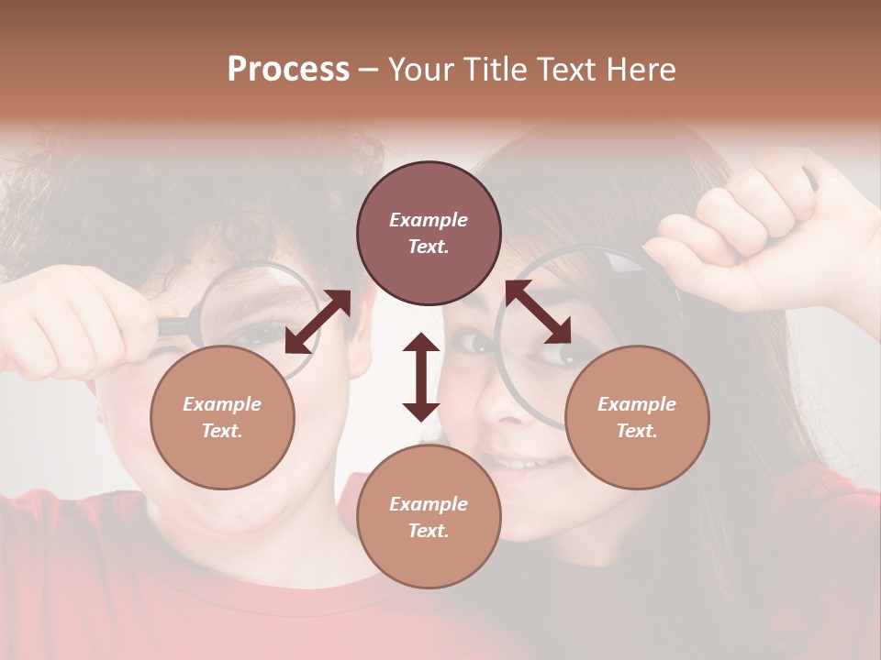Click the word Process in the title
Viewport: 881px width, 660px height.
tap(288, 70)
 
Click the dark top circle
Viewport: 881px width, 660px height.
tap(429, 233)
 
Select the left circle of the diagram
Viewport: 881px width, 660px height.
tap(222, 417)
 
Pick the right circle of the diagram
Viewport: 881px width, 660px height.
tap(637, 417)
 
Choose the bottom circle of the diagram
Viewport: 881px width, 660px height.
tap(429, 517)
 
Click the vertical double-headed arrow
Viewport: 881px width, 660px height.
tap(421, 377)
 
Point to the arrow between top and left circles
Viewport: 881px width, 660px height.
tap(318, 322)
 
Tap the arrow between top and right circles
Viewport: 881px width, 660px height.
tap(538, 312)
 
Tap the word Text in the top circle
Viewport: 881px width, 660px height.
tap(428, 247)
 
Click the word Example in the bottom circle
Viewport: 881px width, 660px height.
tap(429, 503)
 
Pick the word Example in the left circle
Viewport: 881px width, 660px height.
tap(222, 403)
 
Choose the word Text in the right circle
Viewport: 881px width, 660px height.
tap(636, 431)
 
